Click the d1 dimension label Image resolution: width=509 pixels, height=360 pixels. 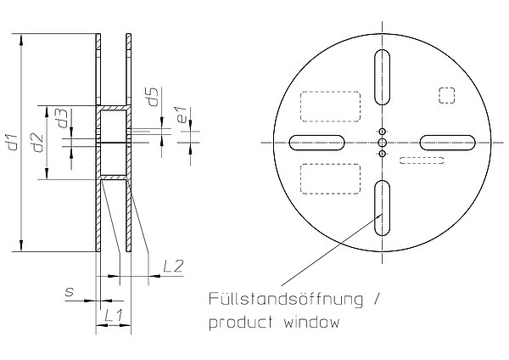(13, 142)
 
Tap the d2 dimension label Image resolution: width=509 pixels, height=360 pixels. (38, 143)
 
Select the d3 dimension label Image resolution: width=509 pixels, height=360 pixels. (62, 118)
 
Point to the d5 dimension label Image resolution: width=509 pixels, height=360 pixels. (153, 97)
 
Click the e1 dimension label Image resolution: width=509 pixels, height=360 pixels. (182, 115)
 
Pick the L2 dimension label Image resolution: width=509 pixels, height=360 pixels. (173, 266)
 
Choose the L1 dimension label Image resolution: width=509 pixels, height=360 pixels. (114, 316)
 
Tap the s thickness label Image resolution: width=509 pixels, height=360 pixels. (70, 291)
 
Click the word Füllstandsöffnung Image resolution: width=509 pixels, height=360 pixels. (286, 299)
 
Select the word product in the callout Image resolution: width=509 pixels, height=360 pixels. (241, 323)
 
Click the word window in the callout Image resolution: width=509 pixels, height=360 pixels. (311, 323)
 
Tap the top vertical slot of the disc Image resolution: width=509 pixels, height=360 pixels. (382, 77)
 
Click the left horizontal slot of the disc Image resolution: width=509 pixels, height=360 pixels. (316, 143)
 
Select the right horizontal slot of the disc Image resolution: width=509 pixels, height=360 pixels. (448, 143)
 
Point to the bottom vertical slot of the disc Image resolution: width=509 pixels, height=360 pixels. (382, 208)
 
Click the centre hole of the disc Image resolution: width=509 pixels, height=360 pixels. (383, 143)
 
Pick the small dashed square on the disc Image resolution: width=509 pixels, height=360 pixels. (447, 96)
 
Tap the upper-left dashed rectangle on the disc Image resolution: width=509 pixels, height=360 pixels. (331, 107)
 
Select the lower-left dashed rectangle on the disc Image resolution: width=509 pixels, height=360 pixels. (331, 179)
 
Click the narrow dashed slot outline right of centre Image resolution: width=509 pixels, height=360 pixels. (422, 160)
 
